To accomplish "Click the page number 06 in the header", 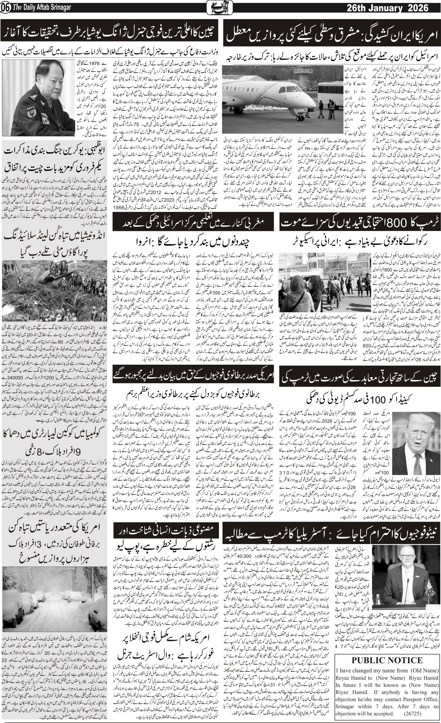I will click(x=6, y=8).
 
